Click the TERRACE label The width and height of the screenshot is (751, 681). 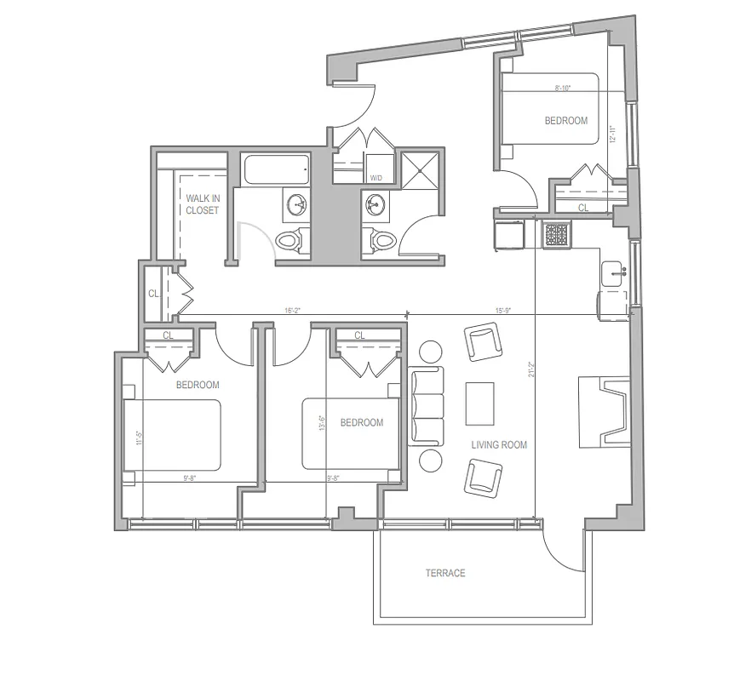pyautogui.click(x=445, y=573)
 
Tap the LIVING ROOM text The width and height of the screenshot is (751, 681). pyautogui.click(x=499, y=444)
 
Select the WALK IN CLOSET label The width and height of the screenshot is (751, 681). pyautogui.click(x=203, y=204)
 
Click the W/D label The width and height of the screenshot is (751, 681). pyautogui.click(x=375, y=178)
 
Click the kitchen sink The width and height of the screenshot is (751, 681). pyautogui.click(x=611, y=273)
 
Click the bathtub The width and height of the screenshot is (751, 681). pyautogui.click(x=274, y=169)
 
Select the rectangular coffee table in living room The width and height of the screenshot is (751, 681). pyautogui.click(x=479, y=403)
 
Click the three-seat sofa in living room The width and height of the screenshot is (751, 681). pyautogui.click(x=426, y=406)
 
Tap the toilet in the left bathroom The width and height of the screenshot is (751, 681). pyautogui.click(x=290, y=240)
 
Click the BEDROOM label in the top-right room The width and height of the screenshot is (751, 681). pyautogui.click(x=566, y=121)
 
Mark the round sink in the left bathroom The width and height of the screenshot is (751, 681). pyautogui.click(x=297, y=204)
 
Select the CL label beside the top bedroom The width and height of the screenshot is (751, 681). pyautogui.click(x=583, y=207)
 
